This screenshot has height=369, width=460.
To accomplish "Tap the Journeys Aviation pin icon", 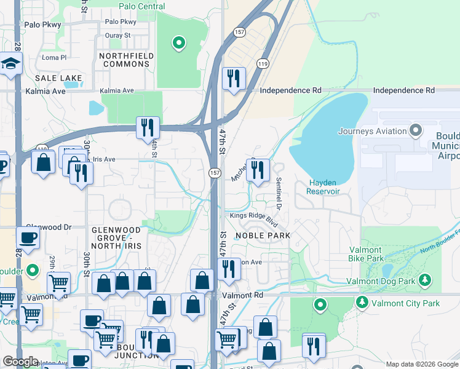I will pos(416,130).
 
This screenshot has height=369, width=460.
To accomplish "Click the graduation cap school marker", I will pos(11,64).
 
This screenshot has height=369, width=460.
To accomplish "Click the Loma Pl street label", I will pos(54,57).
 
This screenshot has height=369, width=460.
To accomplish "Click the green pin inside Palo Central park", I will pos(178,42).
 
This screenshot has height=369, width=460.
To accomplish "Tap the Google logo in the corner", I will pos(21,362).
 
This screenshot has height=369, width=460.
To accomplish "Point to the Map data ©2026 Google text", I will pos(421,364).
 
